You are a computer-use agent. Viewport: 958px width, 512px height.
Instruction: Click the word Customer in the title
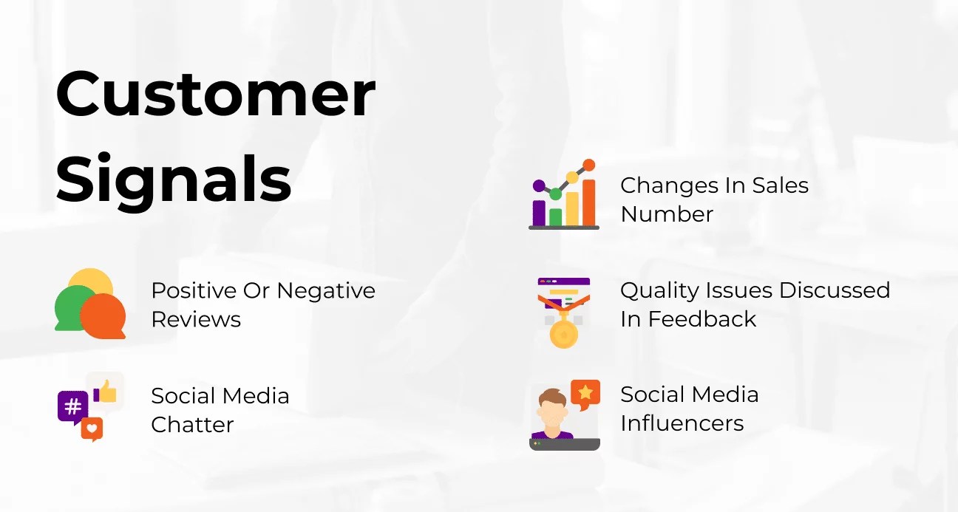click(215, 94)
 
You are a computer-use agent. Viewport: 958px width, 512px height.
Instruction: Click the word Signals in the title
click(174, 180)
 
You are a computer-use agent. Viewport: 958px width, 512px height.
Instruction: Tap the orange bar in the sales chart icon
click(588, 202)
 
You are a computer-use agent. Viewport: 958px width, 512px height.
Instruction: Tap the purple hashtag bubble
click(72, 406)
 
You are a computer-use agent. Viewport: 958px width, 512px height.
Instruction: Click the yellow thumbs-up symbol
click(106, 391)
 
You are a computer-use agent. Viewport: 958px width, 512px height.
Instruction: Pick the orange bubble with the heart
click(92, 428)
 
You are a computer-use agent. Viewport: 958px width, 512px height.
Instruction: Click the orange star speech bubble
click(585, 392)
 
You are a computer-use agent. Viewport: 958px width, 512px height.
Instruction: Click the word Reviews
click(196, 320)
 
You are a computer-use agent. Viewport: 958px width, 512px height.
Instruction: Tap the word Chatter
click(192, 425)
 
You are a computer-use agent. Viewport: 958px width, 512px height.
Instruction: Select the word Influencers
click(682, 423)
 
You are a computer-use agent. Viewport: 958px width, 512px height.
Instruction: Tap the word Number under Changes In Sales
click(667, 214)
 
